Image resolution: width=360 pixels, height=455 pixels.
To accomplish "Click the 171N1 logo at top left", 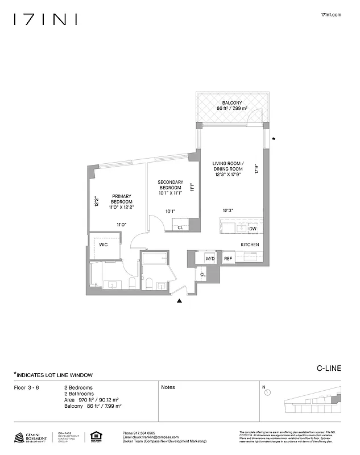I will [x=45, y=19].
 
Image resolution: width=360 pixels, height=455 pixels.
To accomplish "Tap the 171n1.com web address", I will [x=332, y=15].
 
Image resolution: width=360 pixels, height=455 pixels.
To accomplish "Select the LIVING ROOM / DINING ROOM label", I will [x=227, y=166].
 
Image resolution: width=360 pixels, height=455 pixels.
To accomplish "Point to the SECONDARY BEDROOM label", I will [x=170, y=185].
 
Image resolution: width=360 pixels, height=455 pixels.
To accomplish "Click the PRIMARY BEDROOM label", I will [x=122, y=198].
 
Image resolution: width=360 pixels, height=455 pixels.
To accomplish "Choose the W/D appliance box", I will [x=210, y=258].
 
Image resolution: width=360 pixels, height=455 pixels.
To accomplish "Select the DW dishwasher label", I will [x=253, y=229].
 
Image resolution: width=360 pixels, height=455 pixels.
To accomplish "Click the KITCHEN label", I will [x=250, y=245].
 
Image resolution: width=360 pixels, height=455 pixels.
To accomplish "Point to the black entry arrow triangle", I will [x=180, y=301].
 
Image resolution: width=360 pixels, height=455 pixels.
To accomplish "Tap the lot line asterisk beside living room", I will [x=274, y=139].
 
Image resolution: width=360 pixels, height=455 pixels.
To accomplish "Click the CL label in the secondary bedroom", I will [x=180, y=227].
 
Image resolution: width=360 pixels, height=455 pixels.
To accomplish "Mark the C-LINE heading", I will [x=329, y=368].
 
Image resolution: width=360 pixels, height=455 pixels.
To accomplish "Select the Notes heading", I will [x=168, y=387].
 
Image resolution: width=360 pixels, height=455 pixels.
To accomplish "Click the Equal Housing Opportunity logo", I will [x=95, y=437].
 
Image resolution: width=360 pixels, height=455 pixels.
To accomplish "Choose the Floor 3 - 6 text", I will [x=26, y=387].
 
